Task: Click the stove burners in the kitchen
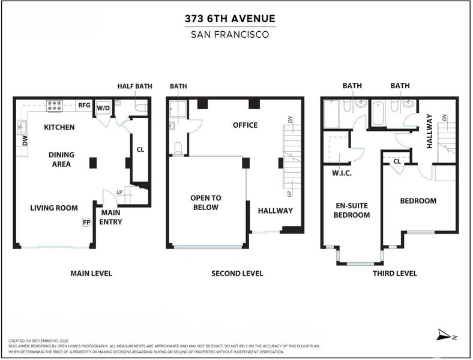tap(54, 106)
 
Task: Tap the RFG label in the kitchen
tap(84, 105)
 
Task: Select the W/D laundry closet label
tap(103, 108)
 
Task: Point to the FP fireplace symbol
tap(86, 223)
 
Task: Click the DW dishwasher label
tap(25, 140)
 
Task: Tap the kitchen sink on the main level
tap(22, 127)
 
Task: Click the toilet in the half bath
tap(141, 107)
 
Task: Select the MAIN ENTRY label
tap(110, 217)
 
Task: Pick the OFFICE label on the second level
tap(246, 125)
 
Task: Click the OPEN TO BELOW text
tap(206, 203)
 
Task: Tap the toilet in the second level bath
tap(178, 148)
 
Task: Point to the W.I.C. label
tap(342, 173)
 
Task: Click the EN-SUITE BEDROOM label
tap(352, 210)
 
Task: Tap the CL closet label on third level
tap(397, 161)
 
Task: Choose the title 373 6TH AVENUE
tap(230, 19)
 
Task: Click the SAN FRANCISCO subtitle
tap(230, 34)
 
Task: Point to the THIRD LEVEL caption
tap(395, 274)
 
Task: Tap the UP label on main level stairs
tap(120, 193)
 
